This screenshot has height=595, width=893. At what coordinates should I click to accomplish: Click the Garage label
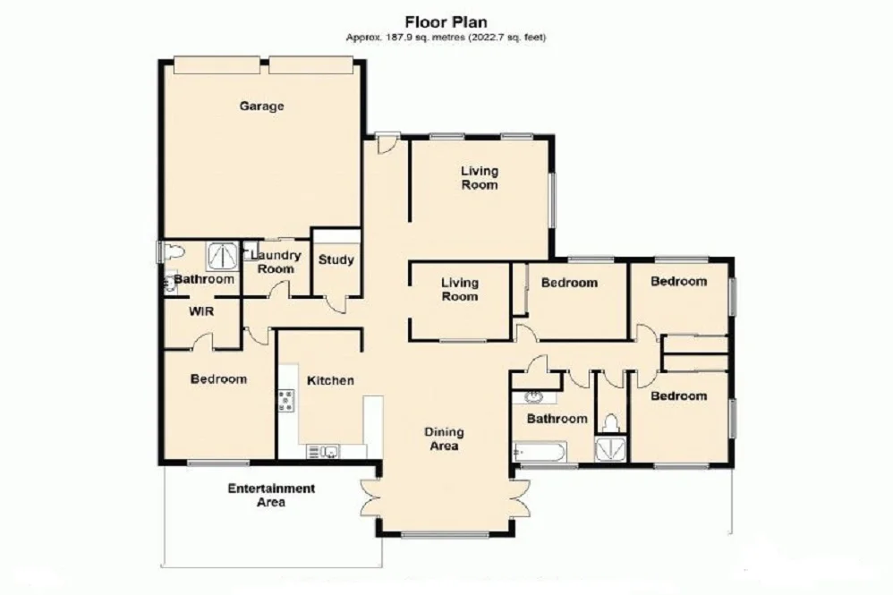pyautogui.click(x=261, y=106)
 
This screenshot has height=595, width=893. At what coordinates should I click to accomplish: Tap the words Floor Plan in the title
pyautogui.click(x=445, y=21)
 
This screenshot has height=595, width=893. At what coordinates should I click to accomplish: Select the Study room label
pyautogui.click(x=336, y=260)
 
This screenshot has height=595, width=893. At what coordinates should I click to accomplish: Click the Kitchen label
pyautogui.click(x=330, y=380)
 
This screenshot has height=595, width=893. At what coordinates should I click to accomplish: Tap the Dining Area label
pyautogui.click(x=442, y=438)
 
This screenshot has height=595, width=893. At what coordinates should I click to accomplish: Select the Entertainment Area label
pyautogui.click(x=270, y=496)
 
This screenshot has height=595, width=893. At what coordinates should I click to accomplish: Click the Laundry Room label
pyautogui.click(x=275, y=262)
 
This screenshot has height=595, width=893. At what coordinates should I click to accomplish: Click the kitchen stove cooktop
pyautogui.click(x=286, y=401)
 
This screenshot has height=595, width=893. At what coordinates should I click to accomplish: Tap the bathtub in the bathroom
pyautogui.click(x=540, y=453)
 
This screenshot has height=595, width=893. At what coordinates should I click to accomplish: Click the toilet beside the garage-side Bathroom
pyautogui.click(x=170, y=253)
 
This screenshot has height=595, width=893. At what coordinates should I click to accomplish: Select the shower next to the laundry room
pyautogui.click(x=220, y=256)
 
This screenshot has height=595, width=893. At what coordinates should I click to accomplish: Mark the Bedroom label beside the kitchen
pyautogui.click(x=218, y=378)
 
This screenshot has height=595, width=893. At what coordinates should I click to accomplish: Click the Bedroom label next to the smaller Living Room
pyautogui.click(x=569, y=283)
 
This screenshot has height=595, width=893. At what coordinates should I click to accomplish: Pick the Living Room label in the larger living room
pyautogui.click(x=479, y=178)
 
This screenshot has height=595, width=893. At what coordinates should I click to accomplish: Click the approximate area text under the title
pyautogui.click(x=446, y=38)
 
